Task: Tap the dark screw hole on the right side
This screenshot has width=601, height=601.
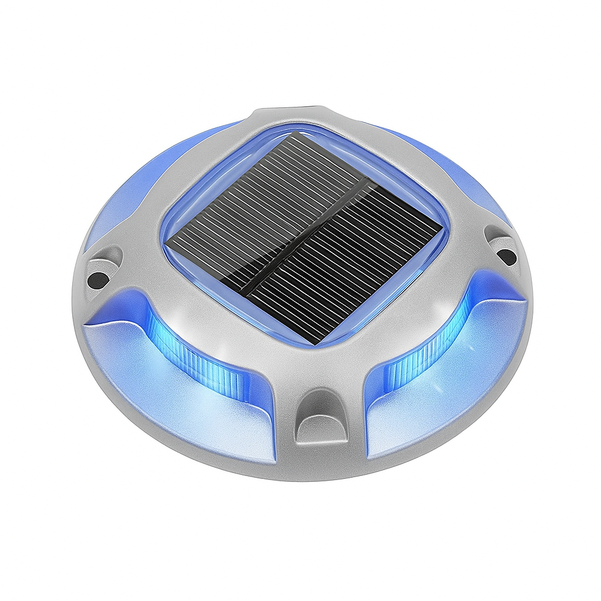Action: [x=505, y=255]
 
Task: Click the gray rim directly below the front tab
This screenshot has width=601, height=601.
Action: [x=320, y=464]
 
